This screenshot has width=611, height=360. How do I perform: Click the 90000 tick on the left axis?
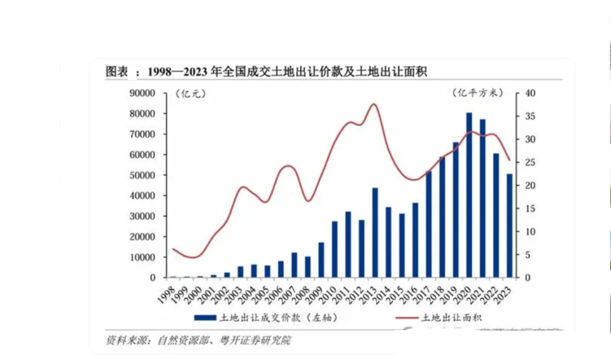pos(143,93)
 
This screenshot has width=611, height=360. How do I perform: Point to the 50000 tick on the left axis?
pos(143,176)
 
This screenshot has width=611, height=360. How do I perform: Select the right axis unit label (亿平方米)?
pos(478,94)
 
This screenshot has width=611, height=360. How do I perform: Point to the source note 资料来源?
pos(198,341)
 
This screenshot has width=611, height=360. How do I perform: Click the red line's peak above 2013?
pos(374,104)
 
